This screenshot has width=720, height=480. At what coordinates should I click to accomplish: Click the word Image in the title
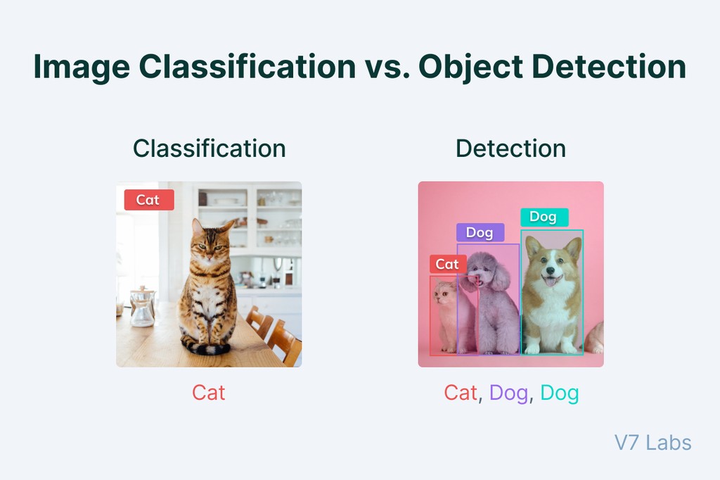[x=81, y=68]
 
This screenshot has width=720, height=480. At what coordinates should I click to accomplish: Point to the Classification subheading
[x=209, y=149]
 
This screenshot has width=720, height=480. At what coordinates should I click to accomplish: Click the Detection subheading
[x=510, y=149]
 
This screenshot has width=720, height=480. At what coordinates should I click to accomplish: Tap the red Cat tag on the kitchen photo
[x=148, y=200]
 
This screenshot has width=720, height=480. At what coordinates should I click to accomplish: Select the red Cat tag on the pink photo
[x=447, y=264]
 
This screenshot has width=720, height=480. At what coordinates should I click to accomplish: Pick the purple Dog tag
[x=480, y=232]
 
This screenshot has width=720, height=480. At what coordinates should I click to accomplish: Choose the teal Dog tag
[x=544, y=217]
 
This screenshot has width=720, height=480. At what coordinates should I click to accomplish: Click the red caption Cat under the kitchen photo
[x=209, y=392]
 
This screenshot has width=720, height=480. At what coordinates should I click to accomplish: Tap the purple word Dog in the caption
[x=508, y=393]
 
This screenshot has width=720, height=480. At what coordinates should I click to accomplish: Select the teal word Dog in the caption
[x=560, y=393]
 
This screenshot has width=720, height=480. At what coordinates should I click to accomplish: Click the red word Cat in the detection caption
[x=461, y=393]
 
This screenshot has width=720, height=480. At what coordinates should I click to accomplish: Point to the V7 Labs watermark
[x=652, y=443]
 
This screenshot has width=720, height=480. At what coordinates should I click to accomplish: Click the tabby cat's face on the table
[x=210, y=246]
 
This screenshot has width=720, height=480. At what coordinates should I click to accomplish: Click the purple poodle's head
[x=483, y=271]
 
